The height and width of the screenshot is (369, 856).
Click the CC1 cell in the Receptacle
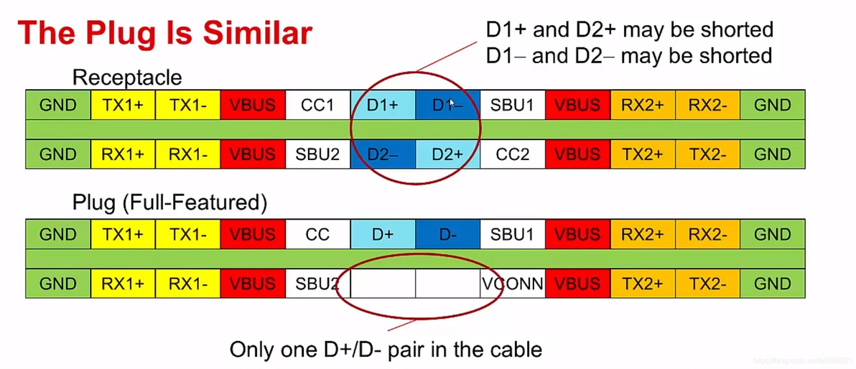coord(317,106)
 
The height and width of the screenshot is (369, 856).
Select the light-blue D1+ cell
coord(383,106)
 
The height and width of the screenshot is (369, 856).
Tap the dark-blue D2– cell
coord(383,154)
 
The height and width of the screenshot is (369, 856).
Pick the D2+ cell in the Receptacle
coord(447,154)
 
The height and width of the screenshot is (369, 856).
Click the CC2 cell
coord(512,154)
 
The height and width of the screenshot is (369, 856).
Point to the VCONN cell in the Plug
coord(512,284)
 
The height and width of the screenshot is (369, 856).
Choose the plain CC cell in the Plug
coord(317,235)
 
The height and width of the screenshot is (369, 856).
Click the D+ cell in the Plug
coord(383,235)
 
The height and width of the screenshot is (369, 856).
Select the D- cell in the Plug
coord(447,235)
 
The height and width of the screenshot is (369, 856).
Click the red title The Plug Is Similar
coord(165,33)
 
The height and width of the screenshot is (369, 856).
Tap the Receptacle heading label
coord(127,78)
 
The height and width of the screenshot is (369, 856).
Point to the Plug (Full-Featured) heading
coord(169,203)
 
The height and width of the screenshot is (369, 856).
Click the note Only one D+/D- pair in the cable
coord(385,350)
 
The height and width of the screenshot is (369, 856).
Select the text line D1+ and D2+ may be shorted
coord(629,30)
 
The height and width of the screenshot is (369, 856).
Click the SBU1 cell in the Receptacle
coord(512,106)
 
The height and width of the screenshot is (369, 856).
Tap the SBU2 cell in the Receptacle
coord(317,154)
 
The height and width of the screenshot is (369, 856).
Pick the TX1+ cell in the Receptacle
coord(123,106)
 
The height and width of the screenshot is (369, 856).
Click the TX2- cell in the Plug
coord(707,284)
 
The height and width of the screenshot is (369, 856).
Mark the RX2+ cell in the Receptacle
coord(642,106)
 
